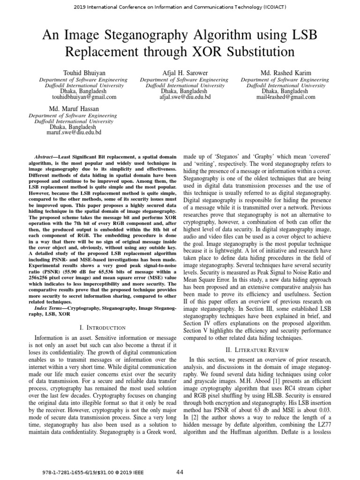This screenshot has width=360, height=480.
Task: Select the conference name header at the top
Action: pyautogui.click(x=180, y=7)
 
